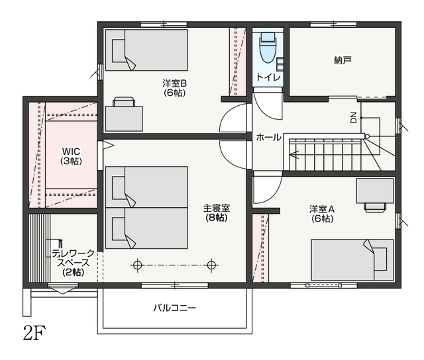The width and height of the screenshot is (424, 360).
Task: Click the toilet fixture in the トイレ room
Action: pos(268,48)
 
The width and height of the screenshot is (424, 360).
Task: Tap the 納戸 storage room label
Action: pos(343,60)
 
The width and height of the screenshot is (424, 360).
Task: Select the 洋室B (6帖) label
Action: pos(174,88)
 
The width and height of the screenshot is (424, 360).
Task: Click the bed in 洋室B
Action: pos(146,50)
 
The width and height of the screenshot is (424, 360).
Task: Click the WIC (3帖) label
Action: pos(71,156)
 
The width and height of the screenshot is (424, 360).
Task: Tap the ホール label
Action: pos(268,138)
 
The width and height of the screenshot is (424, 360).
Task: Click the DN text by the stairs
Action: pos(353,118)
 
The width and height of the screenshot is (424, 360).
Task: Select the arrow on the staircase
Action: pos(294,155)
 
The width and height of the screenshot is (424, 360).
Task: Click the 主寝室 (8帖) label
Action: pos(217,213)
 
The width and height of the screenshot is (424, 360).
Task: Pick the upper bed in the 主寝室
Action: pos(146,187)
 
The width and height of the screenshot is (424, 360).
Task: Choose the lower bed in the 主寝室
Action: pos(146,228)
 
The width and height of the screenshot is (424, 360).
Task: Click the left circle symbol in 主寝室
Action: pos(138,265)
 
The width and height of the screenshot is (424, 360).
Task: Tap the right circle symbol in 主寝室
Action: pos(211,265)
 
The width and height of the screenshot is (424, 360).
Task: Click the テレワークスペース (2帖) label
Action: pos(74,263)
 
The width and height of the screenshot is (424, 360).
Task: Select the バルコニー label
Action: pos(175,308)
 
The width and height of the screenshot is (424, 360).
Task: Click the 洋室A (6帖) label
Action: pos(322,214)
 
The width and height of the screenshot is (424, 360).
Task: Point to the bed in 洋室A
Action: pos(352,260)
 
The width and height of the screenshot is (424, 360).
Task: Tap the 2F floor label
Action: pos(34,333)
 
